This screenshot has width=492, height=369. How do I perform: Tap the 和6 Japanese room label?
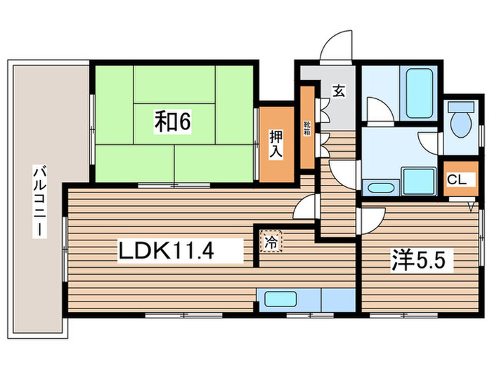pos(172,122)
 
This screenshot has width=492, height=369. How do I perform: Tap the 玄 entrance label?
pos(338,91)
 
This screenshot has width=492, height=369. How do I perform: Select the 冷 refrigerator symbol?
pos(270,242)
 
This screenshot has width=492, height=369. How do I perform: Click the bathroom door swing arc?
pos(377,112)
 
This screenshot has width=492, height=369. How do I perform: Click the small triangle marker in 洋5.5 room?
pos(472,207)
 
